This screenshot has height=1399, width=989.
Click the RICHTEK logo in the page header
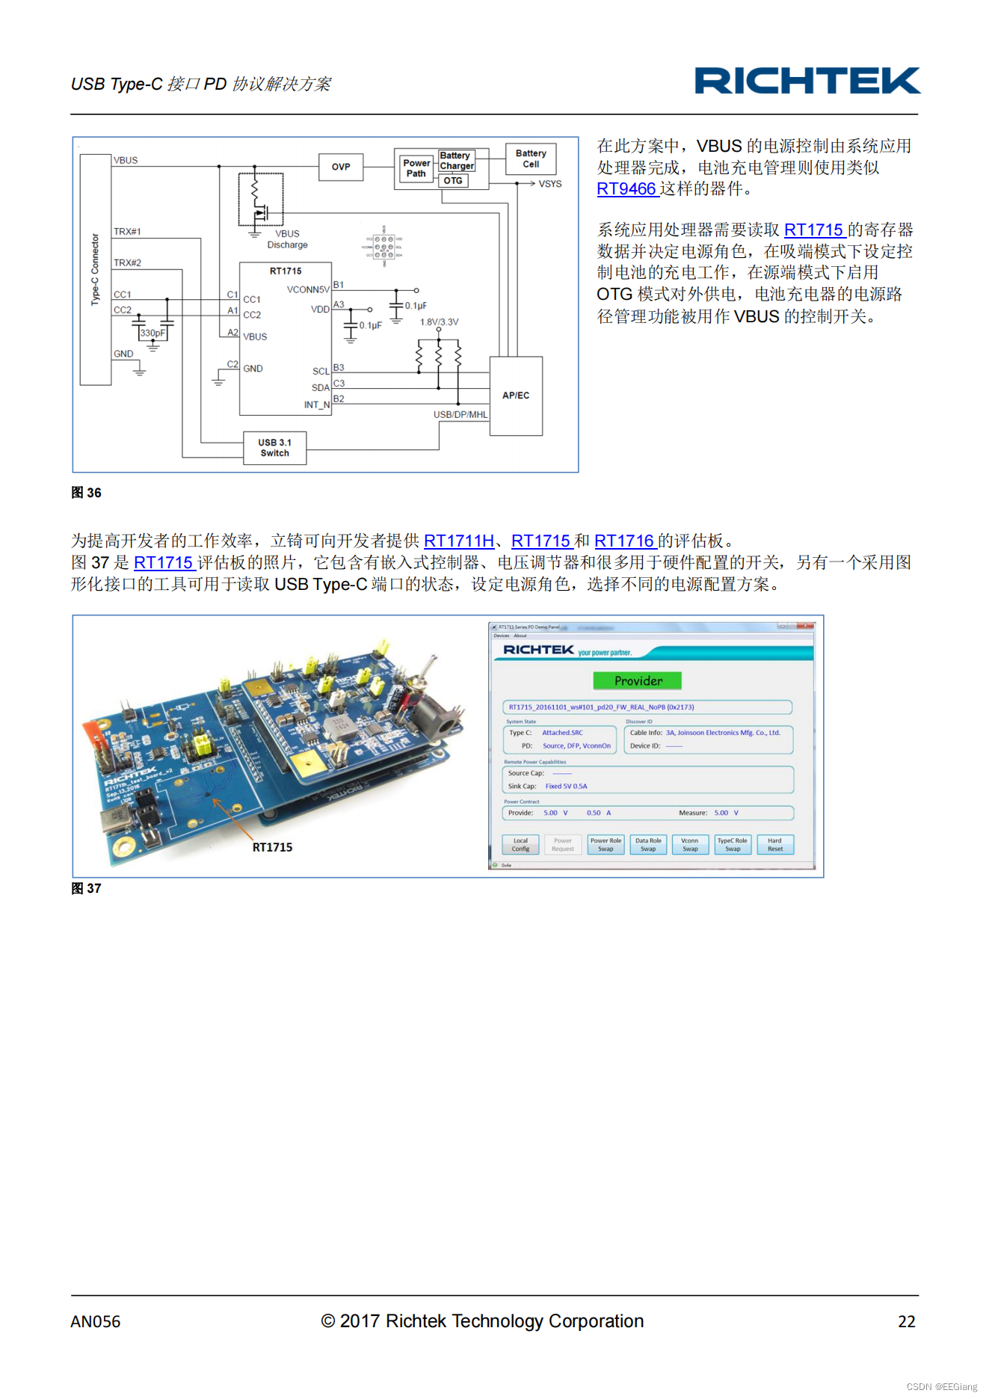click(x=807, y=81)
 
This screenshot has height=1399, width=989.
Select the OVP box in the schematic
click(x=341, y=167)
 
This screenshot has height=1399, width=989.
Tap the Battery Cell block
click(x=531, y=159)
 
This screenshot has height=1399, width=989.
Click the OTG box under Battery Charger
click(x=453, y=181)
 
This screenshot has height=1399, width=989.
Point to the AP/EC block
click(x=516, y=396)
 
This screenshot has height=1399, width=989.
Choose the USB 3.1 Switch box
click(x=275, y=448)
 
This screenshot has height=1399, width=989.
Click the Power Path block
click(x=416, y=168)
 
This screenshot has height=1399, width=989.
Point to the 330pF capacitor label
click(x=152, y=333)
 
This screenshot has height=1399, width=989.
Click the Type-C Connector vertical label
click(x=95, y=269)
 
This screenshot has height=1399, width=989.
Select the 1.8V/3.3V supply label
click(x=439, y=322)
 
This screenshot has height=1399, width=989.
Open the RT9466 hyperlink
click(x=626, y=189)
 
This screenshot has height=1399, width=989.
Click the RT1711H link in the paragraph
click(x=458, y=541)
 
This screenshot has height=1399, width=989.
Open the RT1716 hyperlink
click(x=624, y=541)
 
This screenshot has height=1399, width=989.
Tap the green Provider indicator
click(x=638, y=680)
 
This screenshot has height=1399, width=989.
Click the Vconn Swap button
click(x=690, y=845)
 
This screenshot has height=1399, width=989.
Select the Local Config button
click(x=520, y=845)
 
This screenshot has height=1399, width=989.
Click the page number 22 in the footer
click(x=906, y=1322)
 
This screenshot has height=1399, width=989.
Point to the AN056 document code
click(x=96, y=1322)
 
